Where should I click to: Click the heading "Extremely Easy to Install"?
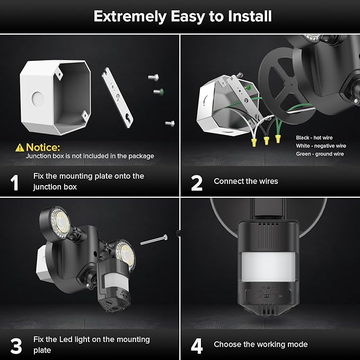(x=182, y=16)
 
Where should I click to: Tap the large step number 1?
(x=15, y=182)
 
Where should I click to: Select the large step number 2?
(x=196, y=182)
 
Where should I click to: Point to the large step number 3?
(x=16, y=345)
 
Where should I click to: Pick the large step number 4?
(x=197, y=345)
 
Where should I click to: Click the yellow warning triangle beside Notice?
(x=20, y=147)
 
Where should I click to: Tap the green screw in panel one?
(x=157, y=92)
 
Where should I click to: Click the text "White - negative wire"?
(x=321, y=145)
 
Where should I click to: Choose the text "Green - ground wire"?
(x=320, y=154)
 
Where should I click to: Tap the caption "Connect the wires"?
(x=245, y=181)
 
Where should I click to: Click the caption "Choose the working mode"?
(x=260, y=345)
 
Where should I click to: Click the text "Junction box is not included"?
(x=90, y=156)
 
